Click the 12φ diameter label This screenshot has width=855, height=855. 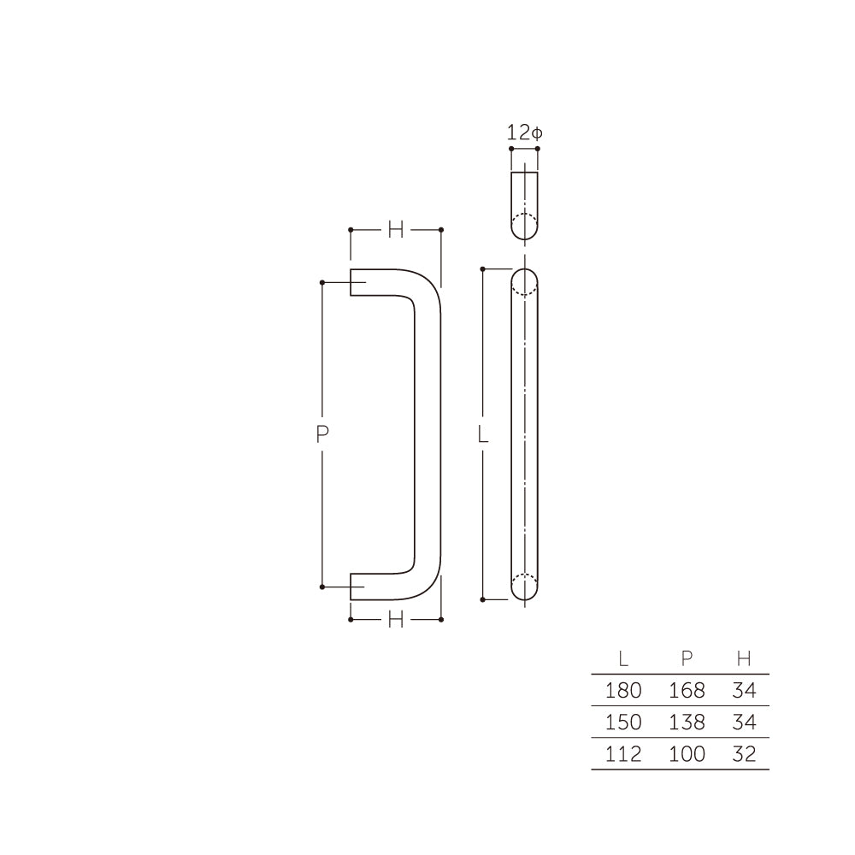524,133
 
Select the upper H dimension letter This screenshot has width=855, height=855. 395,229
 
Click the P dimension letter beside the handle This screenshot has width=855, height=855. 322,434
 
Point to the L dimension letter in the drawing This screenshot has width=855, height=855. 483,434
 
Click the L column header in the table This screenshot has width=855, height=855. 623,658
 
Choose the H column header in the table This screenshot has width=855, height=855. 744,658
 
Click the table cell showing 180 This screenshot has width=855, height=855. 623,691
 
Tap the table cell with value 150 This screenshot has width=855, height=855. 623,722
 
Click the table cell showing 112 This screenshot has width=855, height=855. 623,754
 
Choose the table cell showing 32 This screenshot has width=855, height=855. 744,754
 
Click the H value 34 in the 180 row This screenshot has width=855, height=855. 744,691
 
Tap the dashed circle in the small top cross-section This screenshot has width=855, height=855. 524,227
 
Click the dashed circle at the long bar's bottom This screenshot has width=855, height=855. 524,587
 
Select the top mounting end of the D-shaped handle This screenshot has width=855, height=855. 359,283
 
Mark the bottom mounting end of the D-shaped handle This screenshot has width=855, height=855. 359,586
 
